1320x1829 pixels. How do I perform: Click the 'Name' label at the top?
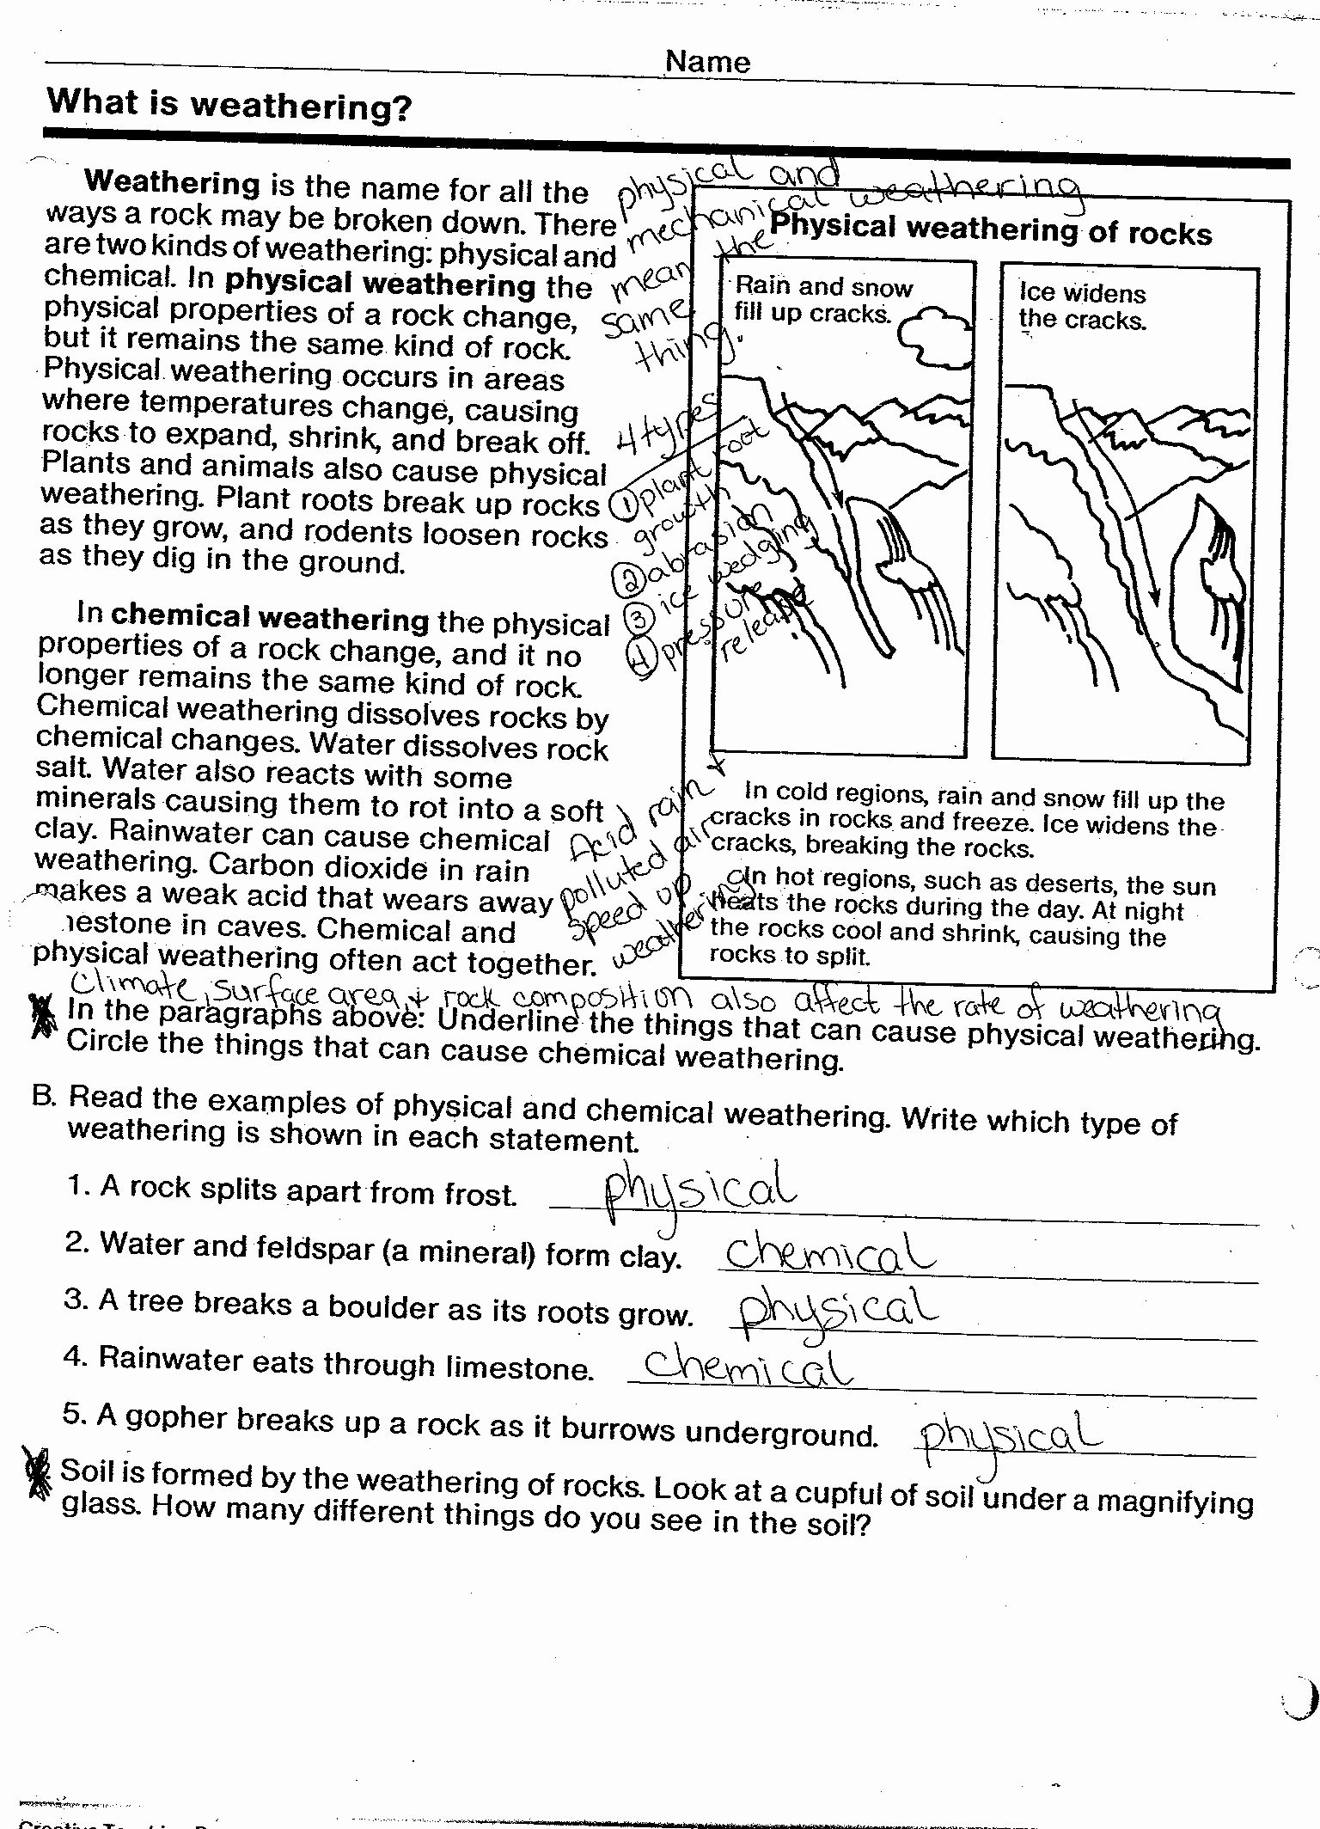point(707,62)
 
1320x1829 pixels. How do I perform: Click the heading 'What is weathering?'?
point(229,106)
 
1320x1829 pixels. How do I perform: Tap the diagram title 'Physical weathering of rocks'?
point(990,229)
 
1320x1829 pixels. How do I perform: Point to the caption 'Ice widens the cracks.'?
point(1082,306)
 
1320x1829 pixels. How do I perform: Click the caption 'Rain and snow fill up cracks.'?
point(822,299)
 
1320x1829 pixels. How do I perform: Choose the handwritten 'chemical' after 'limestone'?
point(747,1366)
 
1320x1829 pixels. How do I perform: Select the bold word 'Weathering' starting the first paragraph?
point(172,183)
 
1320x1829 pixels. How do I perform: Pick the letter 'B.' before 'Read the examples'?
point(44,1097)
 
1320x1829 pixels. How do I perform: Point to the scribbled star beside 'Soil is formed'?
point(36,1473)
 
